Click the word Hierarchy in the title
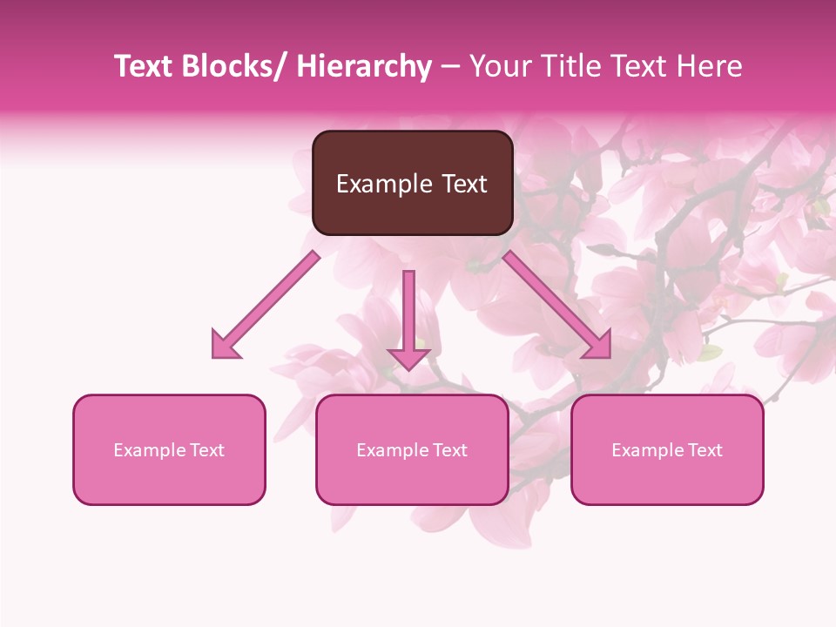(364, 66)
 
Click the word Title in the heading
(565, 66)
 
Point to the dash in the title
(450, 67)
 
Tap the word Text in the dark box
(464, 184)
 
